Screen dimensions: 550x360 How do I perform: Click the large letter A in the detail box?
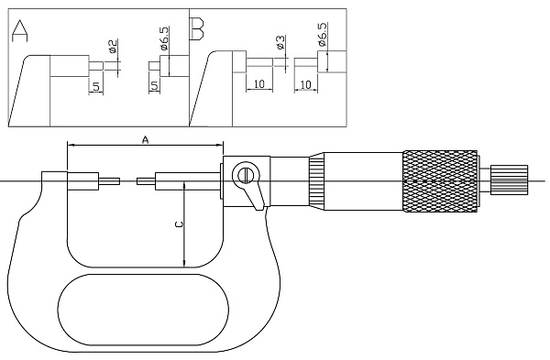click(19, 31)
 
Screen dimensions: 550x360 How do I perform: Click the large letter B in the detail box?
click(197, 28)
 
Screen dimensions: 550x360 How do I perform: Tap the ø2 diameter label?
click(113, 47)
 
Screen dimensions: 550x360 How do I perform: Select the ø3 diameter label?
click(280, 42)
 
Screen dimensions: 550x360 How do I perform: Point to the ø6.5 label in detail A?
click(164, 38)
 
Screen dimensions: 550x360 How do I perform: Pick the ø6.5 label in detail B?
click(323, 35)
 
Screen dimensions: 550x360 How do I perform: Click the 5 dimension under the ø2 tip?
click(96, 85)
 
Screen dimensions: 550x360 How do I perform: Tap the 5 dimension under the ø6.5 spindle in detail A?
click(155, 85)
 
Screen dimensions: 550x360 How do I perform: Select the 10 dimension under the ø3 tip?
click(258, 83)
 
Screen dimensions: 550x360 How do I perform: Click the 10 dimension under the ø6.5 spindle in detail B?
click(305, 84)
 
